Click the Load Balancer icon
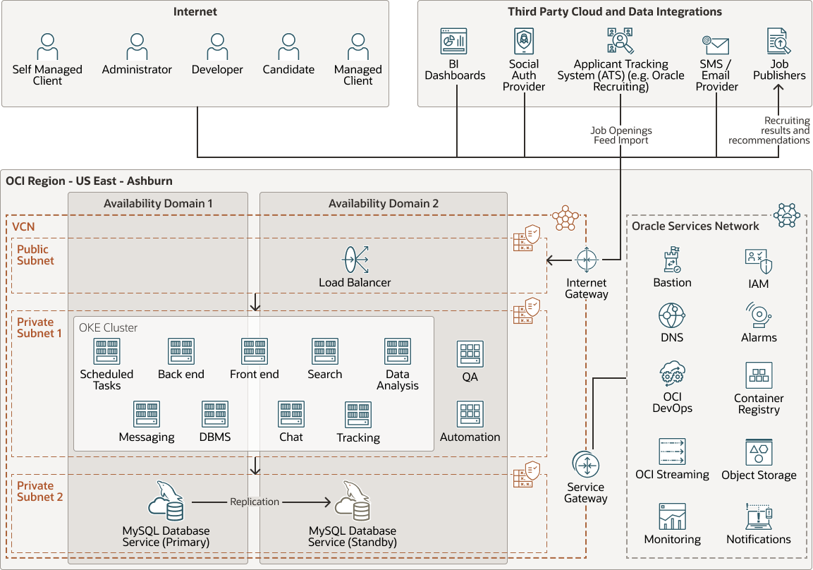pyautogui.click(x=355, y=260)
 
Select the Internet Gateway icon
pyautogui.click(x=587, y=260)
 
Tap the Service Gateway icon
pyautogui.click(x=586, y=465)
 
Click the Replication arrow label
pyautogui.click(x=255, y=502)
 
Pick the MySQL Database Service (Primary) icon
pyautogui.click(x=166, y=502)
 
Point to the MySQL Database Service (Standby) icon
pyautogui.click(x=353, y=502)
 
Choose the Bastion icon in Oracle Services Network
pyautogui.click(x=672, y=260)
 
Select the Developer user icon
pyautogui.click(x=217, y=47)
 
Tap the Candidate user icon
pyautogui.click(x=288, y=47)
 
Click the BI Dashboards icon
pyautogui.click(x=455, y=41)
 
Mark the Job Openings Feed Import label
pyautogui.click(x=621, y=135)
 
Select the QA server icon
pyautogui.click(x=470, y=354)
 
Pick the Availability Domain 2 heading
pyautogui.click(x=384, y=203)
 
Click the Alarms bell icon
pyautogui.click(x=759, y=316)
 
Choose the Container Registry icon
pyautogui.click(x=759, y=376)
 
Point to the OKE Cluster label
pyautogui.click(x=109, y=327)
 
